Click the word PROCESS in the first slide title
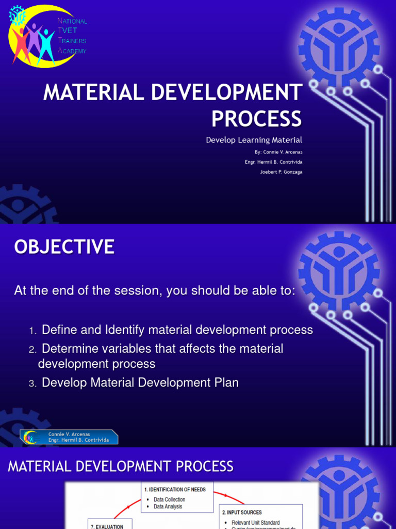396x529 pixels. coord(256,119)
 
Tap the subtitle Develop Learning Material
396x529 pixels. coord(254,140)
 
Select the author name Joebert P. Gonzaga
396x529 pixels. coord(281,172)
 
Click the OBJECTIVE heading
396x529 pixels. coord(64,247)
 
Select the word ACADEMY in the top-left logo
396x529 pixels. coord(72,51)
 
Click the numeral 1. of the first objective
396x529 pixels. coord(32,331)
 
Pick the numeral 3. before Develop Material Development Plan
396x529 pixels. coord(32,384)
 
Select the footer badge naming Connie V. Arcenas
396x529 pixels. coord(69,437)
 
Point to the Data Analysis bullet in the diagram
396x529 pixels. coord(168,507)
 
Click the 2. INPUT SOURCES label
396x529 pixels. coord(242,512)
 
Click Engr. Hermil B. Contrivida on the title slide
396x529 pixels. coord(273,162)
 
